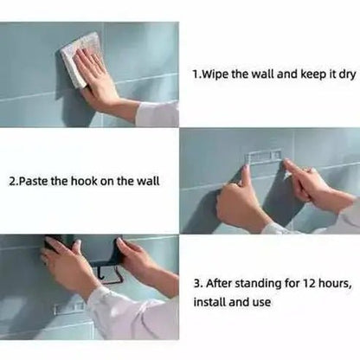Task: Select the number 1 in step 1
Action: coord(195,74)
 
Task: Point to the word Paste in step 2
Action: coord(34,181)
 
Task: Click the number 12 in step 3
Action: coord(309,284)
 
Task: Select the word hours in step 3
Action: coord(335,284)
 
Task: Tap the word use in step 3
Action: coord(261,303)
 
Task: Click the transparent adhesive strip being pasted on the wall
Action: coord(263,156)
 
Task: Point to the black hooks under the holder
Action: coord(107,274)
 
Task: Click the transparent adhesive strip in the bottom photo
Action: coord(68,308)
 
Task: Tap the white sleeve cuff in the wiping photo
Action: coord(157,114)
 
